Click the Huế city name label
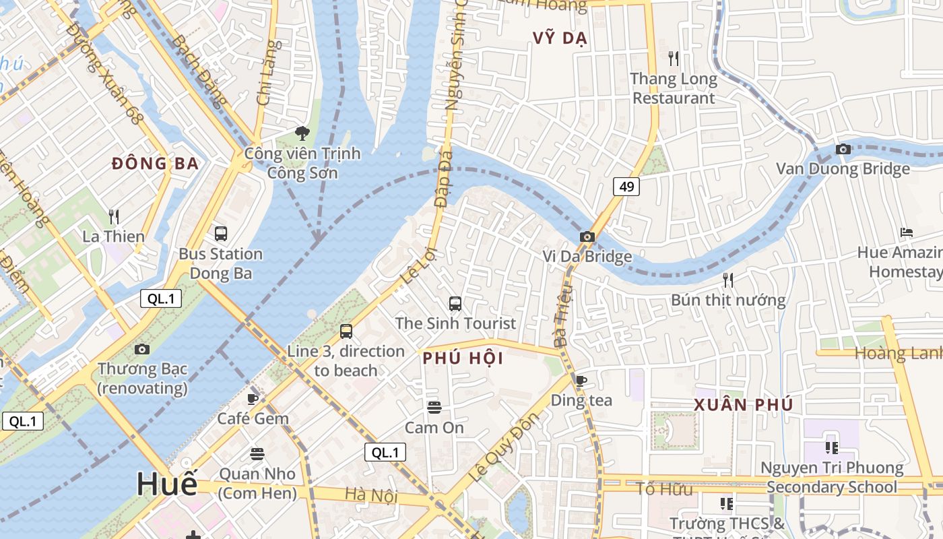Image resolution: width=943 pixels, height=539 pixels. point(167,484)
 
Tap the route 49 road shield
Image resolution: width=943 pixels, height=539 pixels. point(626,187)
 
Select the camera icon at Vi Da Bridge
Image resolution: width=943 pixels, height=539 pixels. point(587,236)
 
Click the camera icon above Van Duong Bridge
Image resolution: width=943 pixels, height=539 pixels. point(843,149)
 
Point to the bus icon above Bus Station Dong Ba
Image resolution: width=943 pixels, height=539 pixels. point(220,234)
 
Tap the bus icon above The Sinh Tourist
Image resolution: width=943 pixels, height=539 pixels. point(455,304)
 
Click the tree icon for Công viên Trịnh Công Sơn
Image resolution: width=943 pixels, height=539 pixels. point(302,133)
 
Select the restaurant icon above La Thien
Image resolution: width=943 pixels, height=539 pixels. point(114,216)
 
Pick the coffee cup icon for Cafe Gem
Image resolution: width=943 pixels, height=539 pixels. point(253,399)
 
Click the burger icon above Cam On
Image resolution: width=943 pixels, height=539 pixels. point(434,407)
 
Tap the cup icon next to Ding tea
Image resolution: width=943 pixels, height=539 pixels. point(581,381)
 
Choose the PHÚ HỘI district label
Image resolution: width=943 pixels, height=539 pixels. point(463,358)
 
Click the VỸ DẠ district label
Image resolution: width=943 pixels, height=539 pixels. point(560,38)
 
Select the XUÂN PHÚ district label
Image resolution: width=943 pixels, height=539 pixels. point(744,405)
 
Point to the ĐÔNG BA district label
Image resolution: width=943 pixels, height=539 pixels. point(156,164)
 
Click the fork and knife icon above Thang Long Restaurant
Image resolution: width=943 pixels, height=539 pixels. point(672,58)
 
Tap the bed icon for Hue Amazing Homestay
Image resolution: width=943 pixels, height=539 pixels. point(907,232)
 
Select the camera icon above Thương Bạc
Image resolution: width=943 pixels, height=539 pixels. point(142,349)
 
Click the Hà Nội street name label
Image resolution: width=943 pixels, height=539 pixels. point(371,496)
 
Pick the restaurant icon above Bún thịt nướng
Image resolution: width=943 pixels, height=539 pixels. point(727,280)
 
